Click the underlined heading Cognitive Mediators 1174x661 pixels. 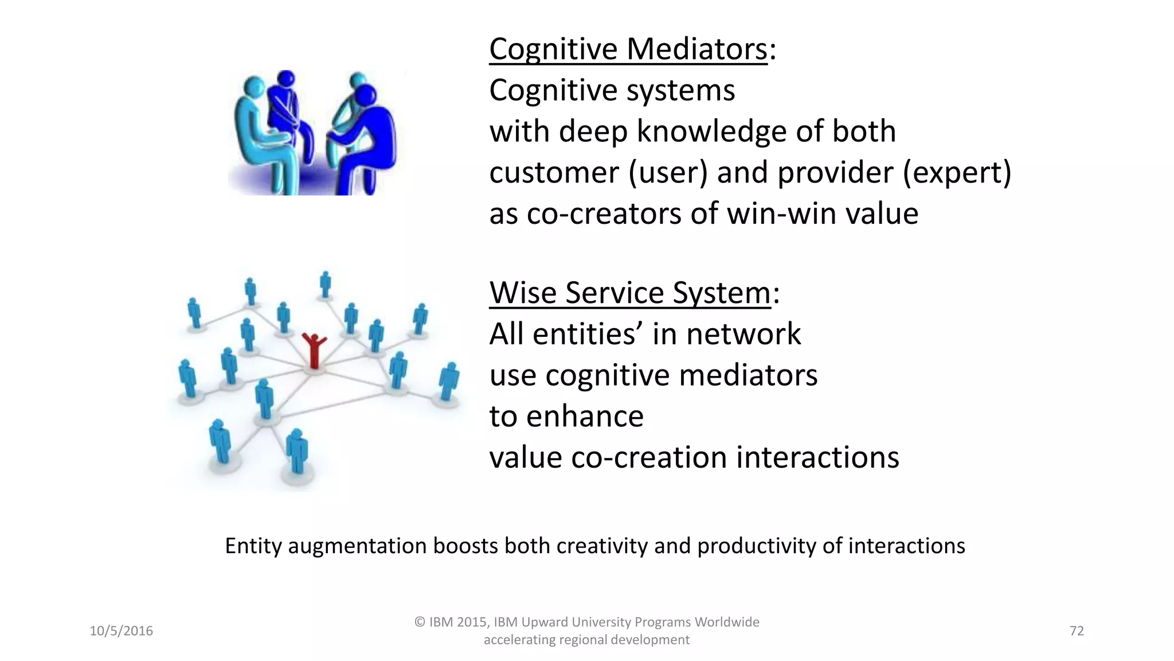pos(628,49)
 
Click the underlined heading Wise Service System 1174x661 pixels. pos(629,293)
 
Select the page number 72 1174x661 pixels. pos(1077,631)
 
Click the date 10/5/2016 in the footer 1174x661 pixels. pos(121,631)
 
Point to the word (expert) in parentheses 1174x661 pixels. pos(957,173)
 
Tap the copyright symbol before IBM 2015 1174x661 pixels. pos(420,622)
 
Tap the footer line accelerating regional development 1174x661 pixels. pos(586,640)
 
